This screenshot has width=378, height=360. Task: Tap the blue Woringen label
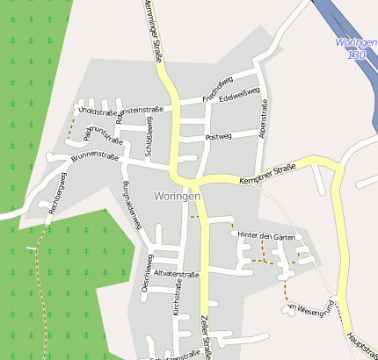356,42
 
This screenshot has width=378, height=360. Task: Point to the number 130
356,54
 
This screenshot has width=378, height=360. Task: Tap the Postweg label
217,138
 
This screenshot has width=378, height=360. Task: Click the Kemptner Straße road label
266,175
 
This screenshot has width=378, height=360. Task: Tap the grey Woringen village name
177,196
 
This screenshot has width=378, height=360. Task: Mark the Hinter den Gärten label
265,236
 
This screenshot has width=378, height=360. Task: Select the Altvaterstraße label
178,274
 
